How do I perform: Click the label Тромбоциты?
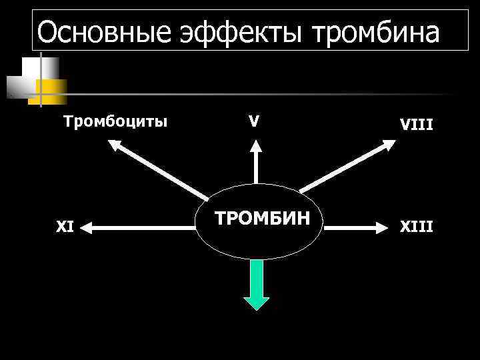coord(115,121)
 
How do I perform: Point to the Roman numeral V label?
coord(254,121)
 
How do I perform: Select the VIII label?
coord(416,123)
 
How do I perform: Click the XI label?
coord(65,227)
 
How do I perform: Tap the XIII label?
coord(416,227)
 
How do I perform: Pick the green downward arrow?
coord(256,285)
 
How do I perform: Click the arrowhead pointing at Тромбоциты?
coord(117,144)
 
